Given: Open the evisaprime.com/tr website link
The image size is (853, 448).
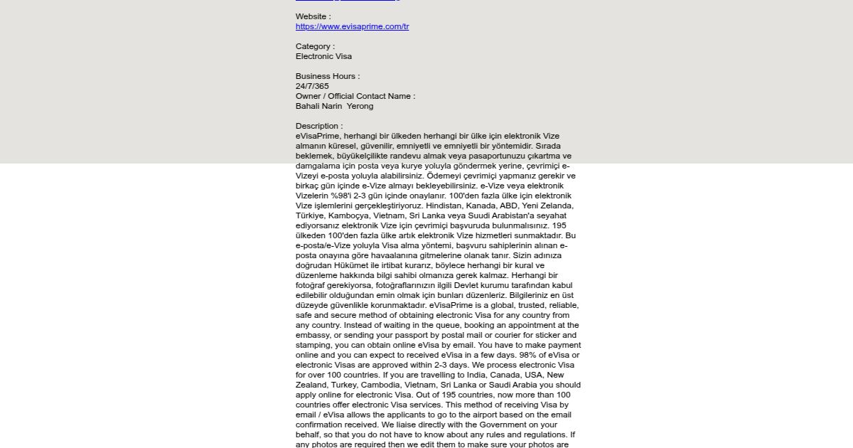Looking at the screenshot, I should coord(352,27).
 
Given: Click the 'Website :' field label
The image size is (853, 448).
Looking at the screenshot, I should coord(313,16).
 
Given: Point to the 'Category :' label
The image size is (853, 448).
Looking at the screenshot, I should coord(315,46).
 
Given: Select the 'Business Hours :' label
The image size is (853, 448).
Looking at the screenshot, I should coord(328,76).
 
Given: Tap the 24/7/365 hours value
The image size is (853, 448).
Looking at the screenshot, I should coord(312,86).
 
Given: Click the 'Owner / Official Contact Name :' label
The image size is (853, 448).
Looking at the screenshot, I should coord(355,96).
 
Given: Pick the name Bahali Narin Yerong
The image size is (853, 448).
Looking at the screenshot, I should coord(334,106).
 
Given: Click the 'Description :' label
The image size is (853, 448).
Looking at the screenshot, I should coord(319,126).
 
